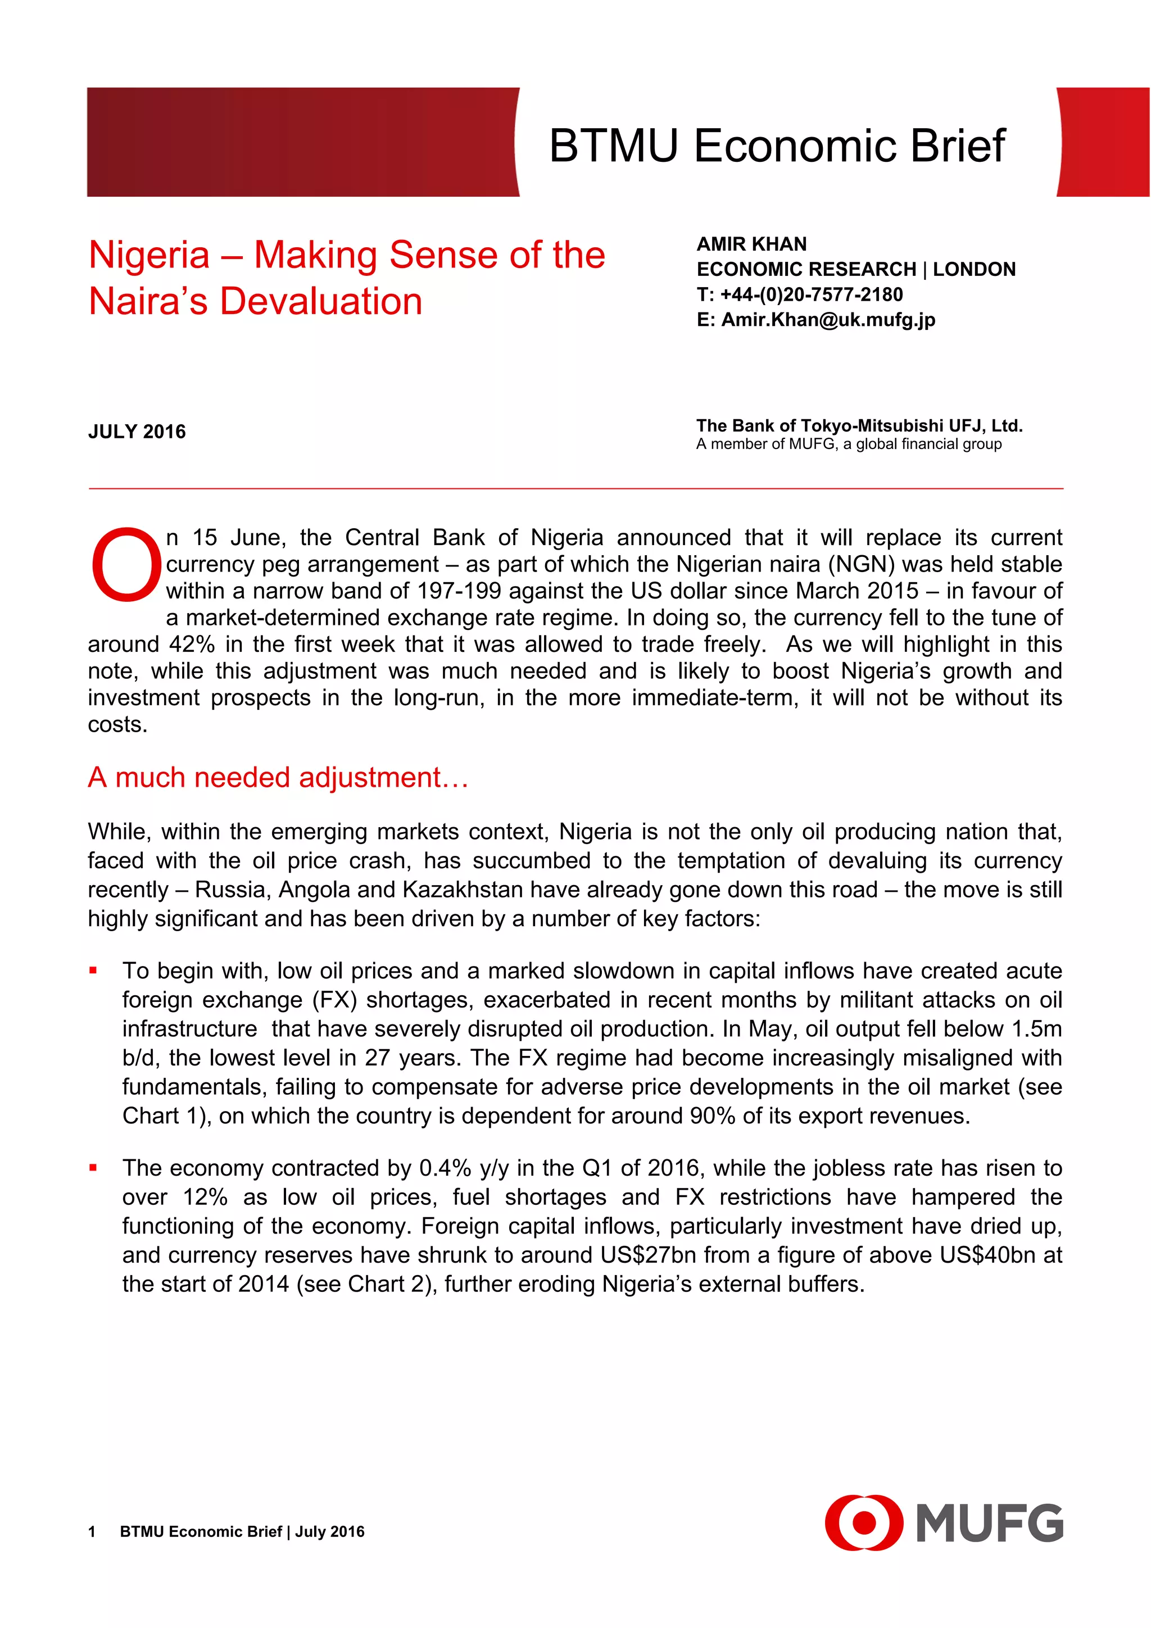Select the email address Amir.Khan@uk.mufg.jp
click(828, 320)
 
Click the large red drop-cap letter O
click(125, 565)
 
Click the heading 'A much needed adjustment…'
click(278, 778)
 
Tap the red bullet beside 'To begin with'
click(93, 971)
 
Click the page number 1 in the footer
click(92, 1531)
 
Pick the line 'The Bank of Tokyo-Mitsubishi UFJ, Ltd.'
click(859, 425)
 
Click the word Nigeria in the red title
click(149, 255)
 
